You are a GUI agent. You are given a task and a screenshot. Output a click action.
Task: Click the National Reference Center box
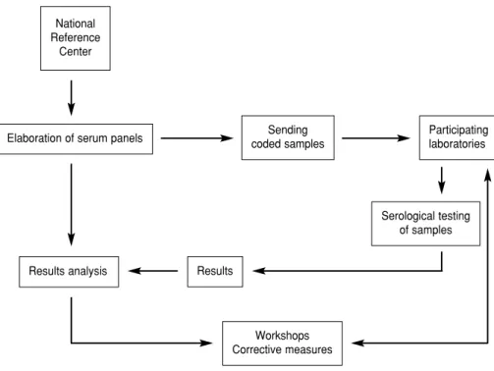(76, 38)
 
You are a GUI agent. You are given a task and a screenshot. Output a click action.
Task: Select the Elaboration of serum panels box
(76, 138)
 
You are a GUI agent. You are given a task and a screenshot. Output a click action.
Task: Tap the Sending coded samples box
(288, 137)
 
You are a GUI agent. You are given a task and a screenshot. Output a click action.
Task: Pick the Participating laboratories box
(457, 137)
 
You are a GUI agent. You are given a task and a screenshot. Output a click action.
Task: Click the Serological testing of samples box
(425, 224)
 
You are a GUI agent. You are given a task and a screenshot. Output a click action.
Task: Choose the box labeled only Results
(215, 272)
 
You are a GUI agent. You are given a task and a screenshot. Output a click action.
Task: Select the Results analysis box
(69, 272)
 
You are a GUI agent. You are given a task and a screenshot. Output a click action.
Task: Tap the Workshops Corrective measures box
(282, 344)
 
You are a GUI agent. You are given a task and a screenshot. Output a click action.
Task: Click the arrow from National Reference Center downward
(72, 98)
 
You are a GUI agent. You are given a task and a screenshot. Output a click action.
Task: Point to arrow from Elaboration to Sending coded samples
(196, 138)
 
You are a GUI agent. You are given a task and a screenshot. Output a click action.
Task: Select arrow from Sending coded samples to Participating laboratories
(376, 138)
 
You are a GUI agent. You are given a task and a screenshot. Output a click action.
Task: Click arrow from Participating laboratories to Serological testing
(442, 181)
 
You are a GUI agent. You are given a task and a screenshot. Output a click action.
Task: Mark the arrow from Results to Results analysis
(153, 271)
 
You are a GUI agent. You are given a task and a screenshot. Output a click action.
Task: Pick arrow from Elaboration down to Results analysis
(72, 204)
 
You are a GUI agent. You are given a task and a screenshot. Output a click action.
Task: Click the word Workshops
(282, 336)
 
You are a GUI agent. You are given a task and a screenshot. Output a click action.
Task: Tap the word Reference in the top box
(76, 37)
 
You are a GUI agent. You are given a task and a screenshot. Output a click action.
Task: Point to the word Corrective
(257, 349)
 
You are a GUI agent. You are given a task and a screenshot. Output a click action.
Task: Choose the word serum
(92, 138)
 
